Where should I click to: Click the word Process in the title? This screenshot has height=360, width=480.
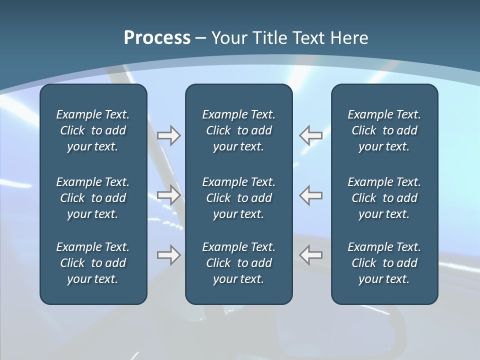pos(157,38)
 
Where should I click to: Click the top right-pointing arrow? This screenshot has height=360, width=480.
pos(169,135)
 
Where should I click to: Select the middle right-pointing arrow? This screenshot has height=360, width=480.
pos(169,195)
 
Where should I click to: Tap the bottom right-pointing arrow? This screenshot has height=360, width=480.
pos(169,255)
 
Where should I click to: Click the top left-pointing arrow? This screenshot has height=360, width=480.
pos(310,135)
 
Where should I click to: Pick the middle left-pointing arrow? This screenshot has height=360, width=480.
pos(310,195)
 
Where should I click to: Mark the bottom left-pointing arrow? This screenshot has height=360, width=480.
pos(310,255)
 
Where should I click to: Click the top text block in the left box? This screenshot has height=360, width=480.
pos(93,130)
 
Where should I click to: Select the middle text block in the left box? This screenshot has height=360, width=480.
pos(93,198)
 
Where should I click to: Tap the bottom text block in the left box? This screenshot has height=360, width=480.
pos(93,263)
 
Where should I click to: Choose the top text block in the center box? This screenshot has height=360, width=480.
pos(238,130)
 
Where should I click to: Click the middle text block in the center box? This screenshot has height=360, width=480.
pos(238,198)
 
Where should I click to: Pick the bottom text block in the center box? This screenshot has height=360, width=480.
pos(238,263)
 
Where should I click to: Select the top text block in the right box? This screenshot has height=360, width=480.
pos(384,130)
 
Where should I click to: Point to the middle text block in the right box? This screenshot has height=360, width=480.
pos(384,198)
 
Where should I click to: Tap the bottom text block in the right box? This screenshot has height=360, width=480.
pos(384,263)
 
